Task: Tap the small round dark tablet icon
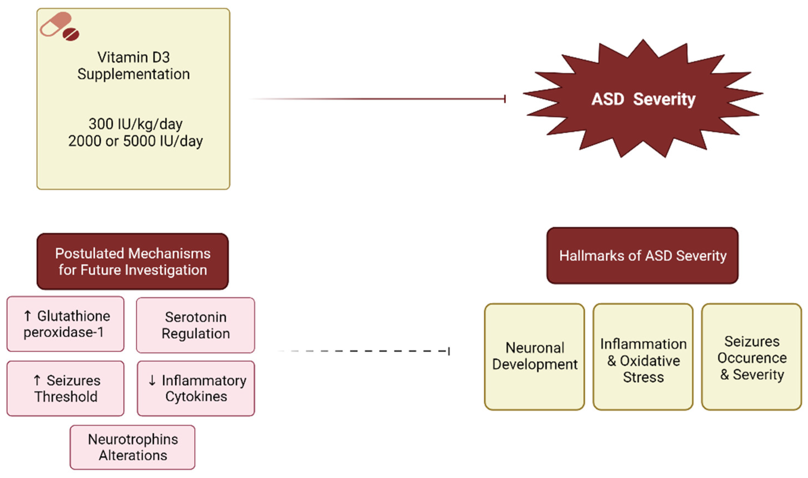coord(71,34)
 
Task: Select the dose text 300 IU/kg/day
coord(136,124)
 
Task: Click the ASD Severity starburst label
coord(643,99)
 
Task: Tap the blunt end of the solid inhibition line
coord(505,99)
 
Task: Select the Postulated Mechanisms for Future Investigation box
coord(133,262)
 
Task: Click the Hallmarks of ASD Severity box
coord(642,256)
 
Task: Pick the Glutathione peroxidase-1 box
coord(66,324)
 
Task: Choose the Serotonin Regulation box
coord(196,325)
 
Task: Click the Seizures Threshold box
coord(66,388)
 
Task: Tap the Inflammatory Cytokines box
coord(196,388)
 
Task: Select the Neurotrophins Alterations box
coord(133,447)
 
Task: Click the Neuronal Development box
coord(534,356)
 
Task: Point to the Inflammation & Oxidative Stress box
coord(643,356)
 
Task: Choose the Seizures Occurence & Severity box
coord(752,356)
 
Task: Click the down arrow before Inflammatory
coord(152,380)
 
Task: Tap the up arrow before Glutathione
coord(28,316)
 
